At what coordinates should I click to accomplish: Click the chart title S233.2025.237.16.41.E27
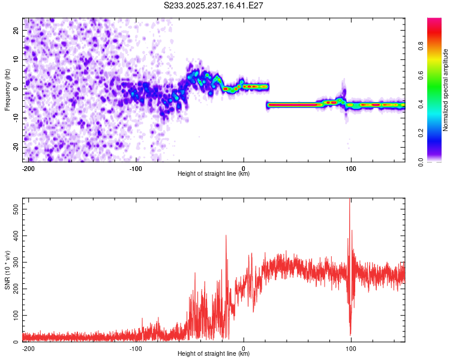pyautogui.click(x=214, y=5)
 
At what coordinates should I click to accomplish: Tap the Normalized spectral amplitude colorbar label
pyautogui.click(x=446, y=90)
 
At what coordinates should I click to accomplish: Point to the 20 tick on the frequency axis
pyautogui.click(x=16, y=31)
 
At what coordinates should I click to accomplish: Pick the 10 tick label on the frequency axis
pyautogui.click(x=16, y=60)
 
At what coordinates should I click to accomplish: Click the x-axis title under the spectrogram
pyautogui.click(x=214, y=174)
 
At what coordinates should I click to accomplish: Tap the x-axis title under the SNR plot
pyautogui.click(x=214, y=354)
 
